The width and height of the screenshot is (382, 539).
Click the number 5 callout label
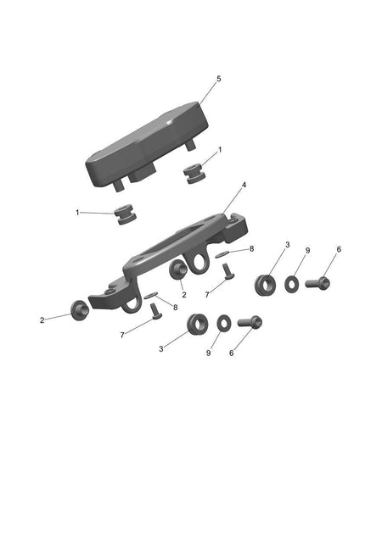point(219,79)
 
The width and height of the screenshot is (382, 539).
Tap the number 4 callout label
point(244,185)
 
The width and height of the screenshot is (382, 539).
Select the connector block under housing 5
point(142,172)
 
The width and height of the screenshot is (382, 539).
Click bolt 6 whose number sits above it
point(317,283)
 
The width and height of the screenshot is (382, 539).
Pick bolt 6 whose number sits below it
point(250,322)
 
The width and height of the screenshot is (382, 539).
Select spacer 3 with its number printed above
point(265,285)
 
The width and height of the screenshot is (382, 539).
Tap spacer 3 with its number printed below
point(198,324)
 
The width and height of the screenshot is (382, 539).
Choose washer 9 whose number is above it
point(292,284)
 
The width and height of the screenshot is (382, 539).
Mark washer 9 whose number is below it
point(224,323)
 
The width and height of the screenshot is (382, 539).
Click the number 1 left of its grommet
point(77,213)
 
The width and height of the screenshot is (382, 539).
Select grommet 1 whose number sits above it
point(194,174)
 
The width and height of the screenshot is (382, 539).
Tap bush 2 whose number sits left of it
point(80,309)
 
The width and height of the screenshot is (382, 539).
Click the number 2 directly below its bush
point(184,295)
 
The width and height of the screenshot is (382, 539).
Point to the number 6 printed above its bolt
point(339,249)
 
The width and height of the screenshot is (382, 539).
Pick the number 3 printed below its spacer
point(160,349)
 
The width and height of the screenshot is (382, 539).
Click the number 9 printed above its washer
point(307,251)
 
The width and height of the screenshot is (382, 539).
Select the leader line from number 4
point(233,202)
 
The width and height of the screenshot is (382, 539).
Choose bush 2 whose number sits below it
point(178,269)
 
